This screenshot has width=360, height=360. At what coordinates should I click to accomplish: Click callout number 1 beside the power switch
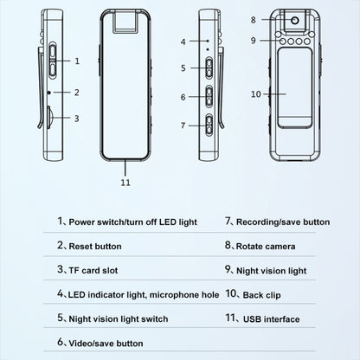[77, 61]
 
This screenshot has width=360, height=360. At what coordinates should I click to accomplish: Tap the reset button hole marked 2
[49, 93]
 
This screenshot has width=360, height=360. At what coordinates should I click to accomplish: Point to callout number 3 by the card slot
[77, 119]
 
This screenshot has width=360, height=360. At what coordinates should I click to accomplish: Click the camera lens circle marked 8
[294, 20]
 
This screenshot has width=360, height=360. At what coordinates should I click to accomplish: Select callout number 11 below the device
[125, 183]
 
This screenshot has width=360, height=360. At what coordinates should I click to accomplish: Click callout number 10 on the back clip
[256, 94]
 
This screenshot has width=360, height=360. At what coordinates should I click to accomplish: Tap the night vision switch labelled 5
[209, 68]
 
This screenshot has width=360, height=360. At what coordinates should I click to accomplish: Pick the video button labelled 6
[209, 97]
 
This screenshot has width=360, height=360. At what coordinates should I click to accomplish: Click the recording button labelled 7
[209, 125]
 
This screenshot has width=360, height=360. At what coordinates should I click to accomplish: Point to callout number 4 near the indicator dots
[183, 42]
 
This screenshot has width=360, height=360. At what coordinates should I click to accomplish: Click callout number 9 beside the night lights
[254, 41]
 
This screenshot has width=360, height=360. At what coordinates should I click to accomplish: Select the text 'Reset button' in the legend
[95, 247]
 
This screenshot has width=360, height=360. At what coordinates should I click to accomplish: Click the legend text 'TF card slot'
[93, 271]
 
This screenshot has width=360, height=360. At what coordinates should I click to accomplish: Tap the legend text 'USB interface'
[272, 319]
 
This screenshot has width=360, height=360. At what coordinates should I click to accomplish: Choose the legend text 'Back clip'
[261, 295]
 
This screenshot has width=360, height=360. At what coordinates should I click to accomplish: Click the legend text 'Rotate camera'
[266, 247]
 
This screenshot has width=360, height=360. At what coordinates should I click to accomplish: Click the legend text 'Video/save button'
[106, 344]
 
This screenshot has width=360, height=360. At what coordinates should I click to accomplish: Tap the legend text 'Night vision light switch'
[119, 319]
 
